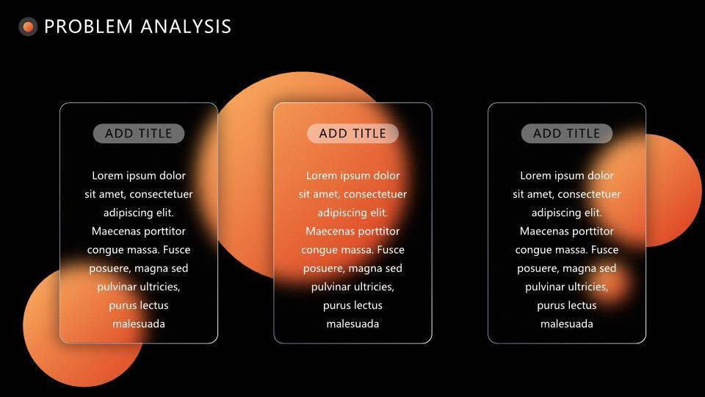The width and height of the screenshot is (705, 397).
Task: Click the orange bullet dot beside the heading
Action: tap(28, 26)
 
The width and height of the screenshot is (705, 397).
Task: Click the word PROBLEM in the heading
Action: tap(89, 26)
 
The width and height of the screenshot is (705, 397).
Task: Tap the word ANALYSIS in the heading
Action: tap(186, 26)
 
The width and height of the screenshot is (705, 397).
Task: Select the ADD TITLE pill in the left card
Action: tap(139, 133)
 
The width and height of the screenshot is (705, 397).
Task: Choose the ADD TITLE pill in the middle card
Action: tap(352, 133)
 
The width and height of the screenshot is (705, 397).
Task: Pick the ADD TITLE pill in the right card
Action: tap(566, 133)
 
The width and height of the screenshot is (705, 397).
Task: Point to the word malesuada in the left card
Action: tap(139, 323)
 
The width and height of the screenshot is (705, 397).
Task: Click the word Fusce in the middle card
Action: tap(391, 250)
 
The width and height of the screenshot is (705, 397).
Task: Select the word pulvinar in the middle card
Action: tap(330, 287)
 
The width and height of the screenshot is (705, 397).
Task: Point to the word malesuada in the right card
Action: tap(566, 323)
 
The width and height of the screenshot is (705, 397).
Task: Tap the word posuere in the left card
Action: tap(109, 269)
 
